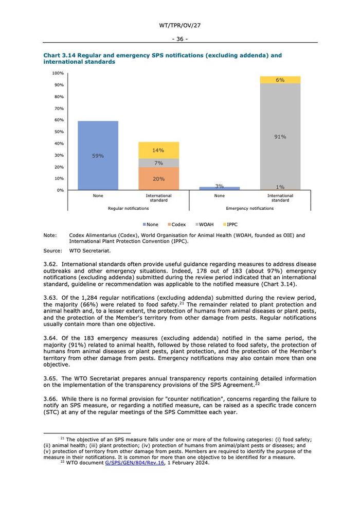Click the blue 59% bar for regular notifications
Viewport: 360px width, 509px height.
click(x=98, y=156)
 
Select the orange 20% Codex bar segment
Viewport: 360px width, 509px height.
click(x=158, y=178)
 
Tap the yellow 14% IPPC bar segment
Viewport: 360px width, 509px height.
click(x=158, y=150)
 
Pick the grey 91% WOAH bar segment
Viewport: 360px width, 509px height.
click(x=280, y=137)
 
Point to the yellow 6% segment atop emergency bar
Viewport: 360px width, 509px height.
click(x=280, y=80)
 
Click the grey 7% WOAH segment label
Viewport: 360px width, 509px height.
click(x=158, y=163)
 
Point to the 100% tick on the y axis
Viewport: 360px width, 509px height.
click(x=58, y=73)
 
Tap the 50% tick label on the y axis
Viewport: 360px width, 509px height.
click(x=59, y=132)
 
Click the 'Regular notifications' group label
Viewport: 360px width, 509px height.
click(x=128, y=208)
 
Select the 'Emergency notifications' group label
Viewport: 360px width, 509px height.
click(x=250, y=208)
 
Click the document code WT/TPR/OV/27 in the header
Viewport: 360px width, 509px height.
click(x=179, y=25)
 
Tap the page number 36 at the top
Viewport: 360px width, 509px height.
click(x=179, y=39)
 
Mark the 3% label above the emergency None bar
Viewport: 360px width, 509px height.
click(x=220, y=186)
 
